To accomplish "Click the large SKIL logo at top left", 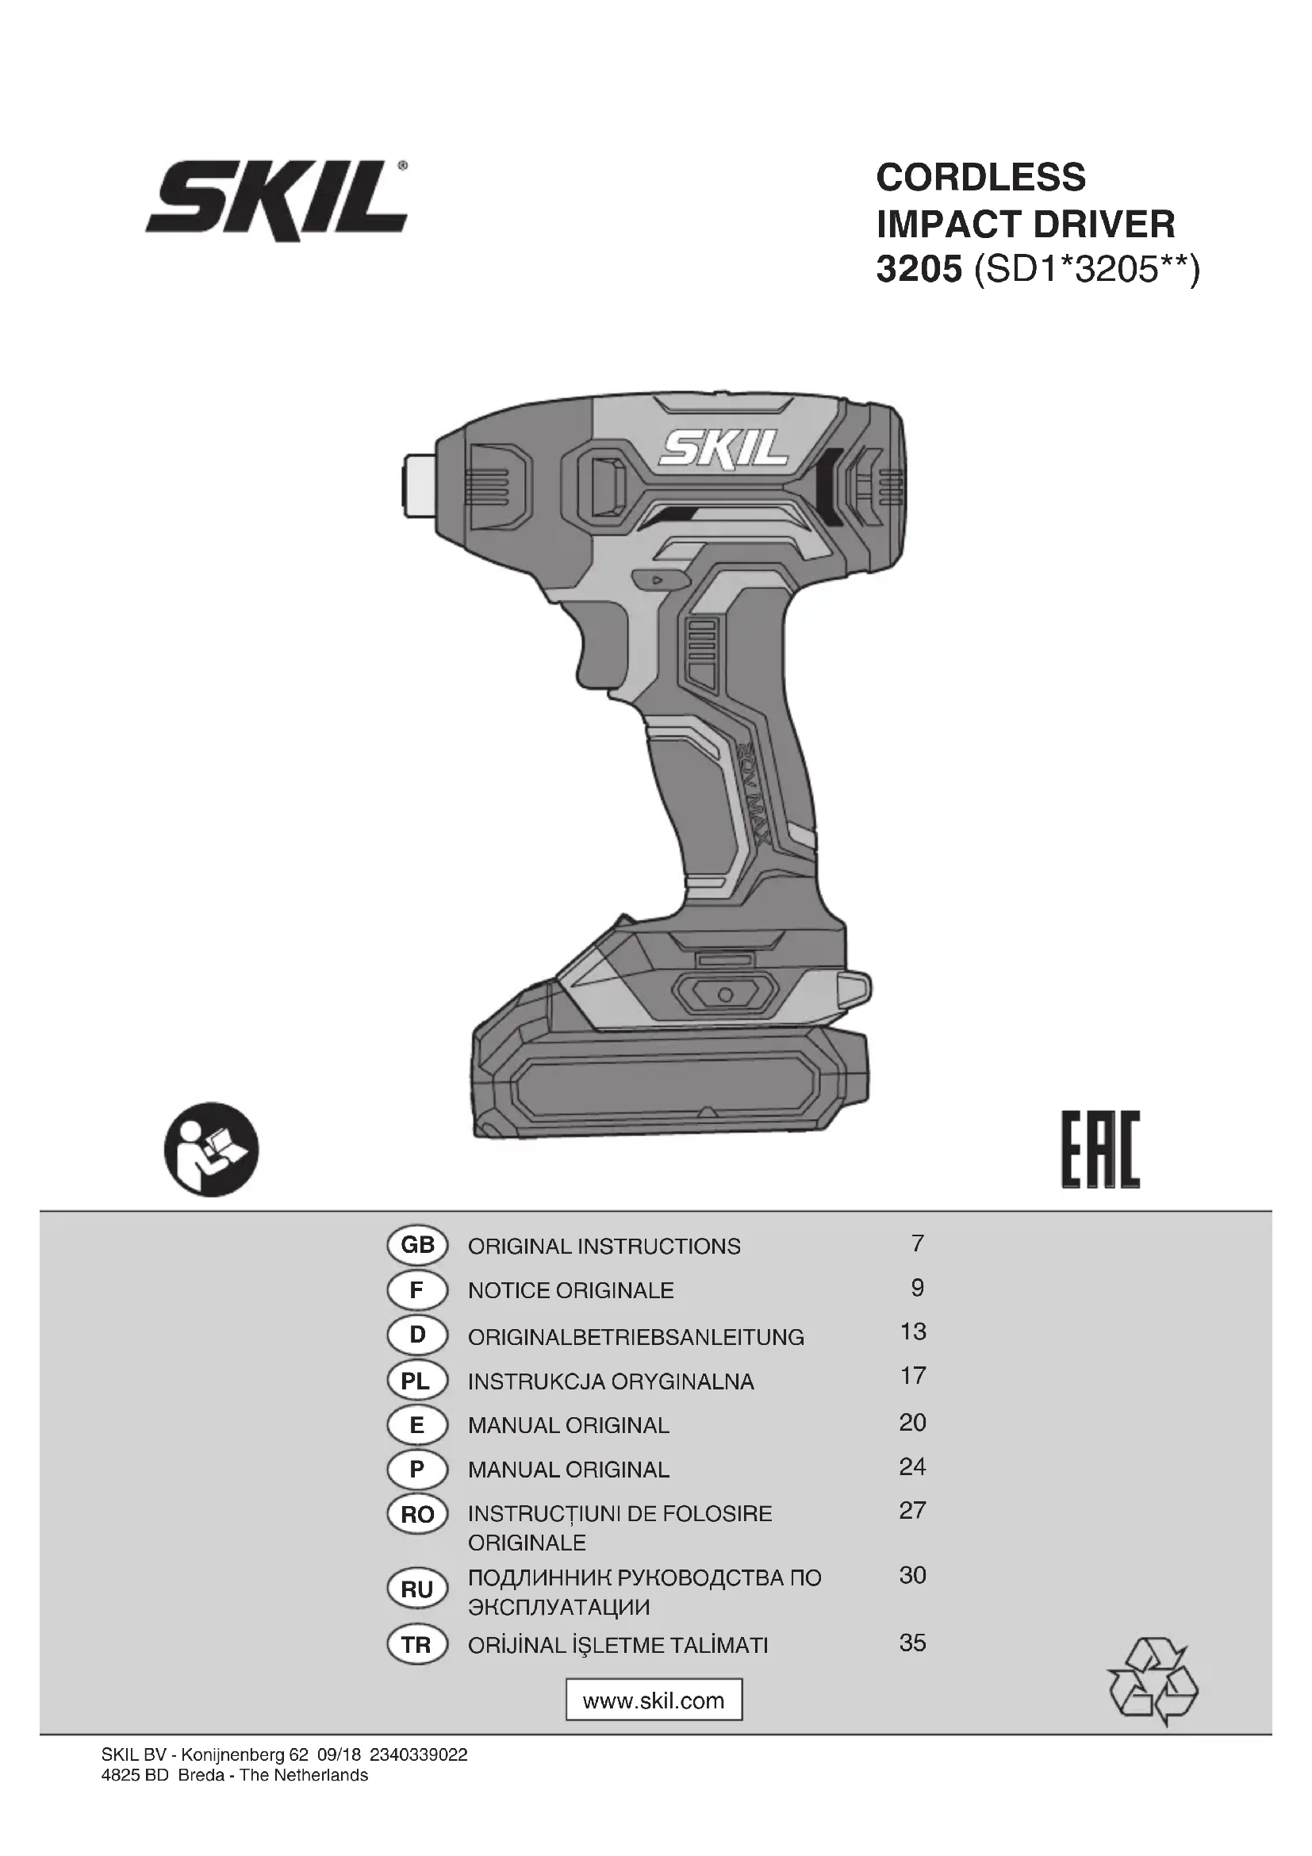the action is [276, 200].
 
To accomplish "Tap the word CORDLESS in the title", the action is [980, 177].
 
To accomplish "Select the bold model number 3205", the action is [919, 269].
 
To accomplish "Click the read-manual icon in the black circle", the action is [212, 1149].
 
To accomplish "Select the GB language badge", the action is [417, 1245].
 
